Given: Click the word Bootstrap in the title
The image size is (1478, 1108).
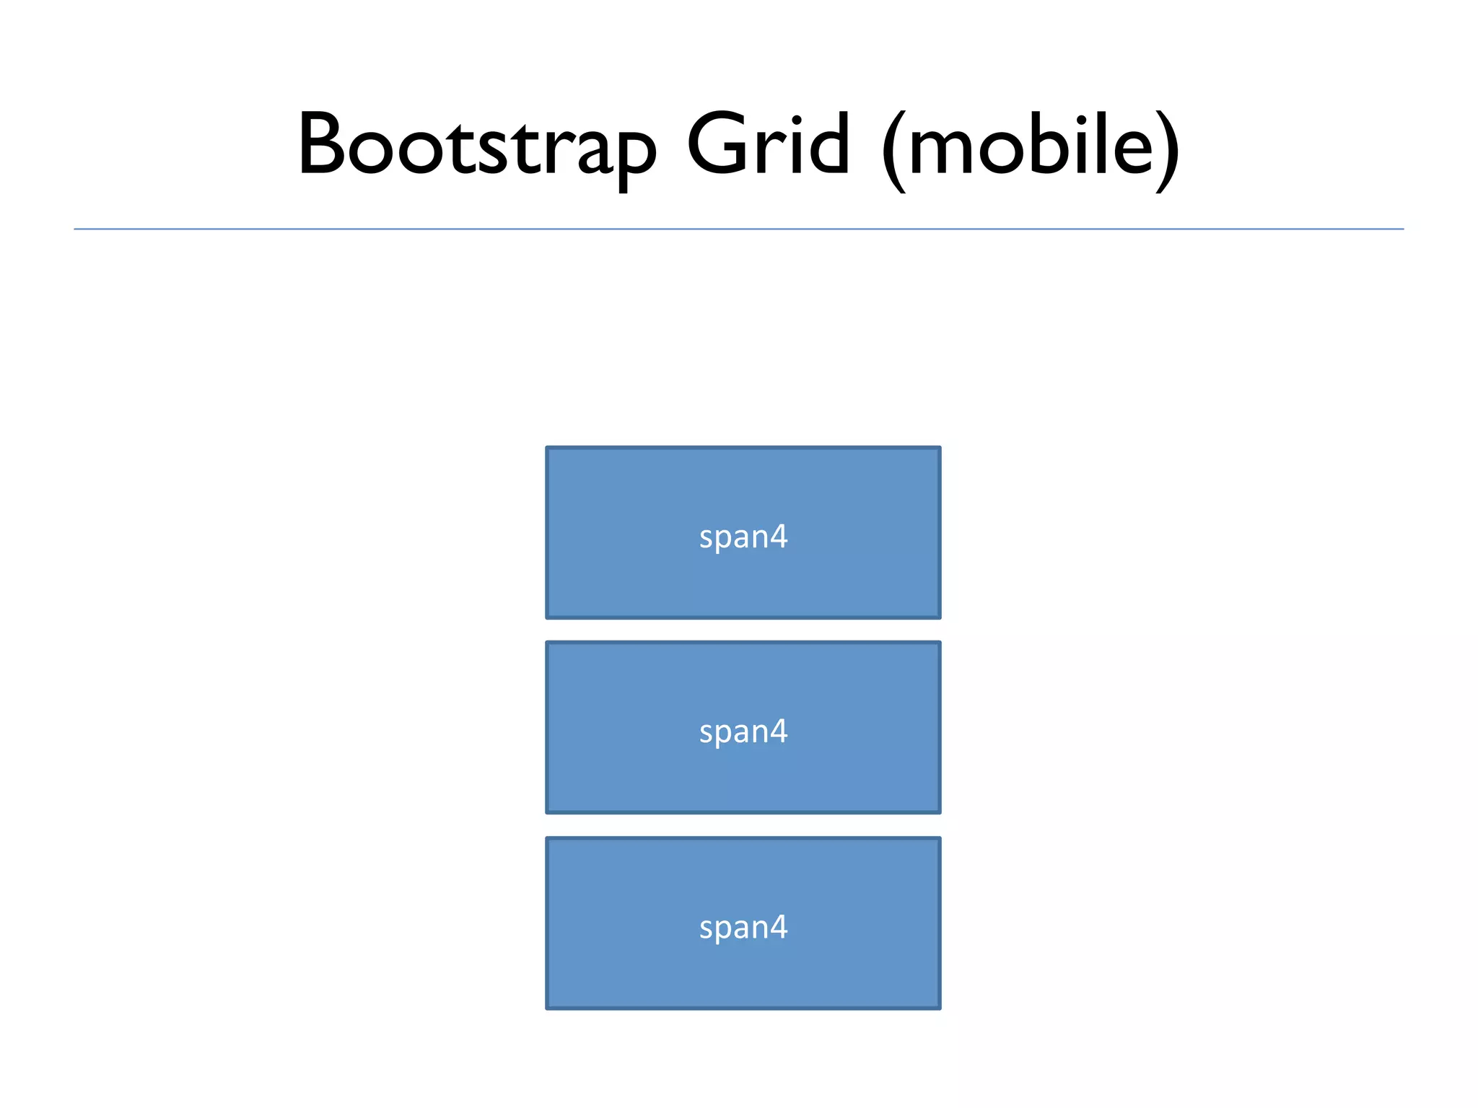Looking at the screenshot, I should click(x=476, y=144).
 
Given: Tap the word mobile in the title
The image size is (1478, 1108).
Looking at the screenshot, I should click(x=1031, y=144).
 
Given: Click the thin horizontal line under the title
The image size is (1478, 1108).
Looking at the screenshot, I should click(x=739, y=229).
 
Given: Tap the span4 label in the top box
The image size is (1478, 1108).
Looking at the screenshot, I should click(x=743, y=537).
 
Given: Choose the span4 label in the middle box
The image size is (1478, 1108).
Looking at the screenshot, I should click(x=743, y=731).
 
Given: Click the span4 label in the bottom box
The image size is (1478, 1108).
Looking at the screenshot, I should click(x=743, y=927).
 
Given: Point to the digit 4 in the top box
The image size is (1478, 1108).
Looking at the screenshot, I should click(x=777, y=536).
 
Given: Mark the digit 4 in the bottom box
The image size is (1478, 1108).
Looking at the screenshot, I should click(x=777, y=926).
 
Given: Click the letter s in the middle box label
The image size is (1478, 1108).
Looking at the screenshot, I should click(x=707, y=733).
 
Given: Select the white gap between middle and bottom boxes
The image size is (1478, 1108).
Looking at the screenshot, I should click(x=743, y=826).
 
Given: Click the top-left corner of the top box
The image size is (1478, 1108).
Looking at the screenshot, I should click(x=548, y=449).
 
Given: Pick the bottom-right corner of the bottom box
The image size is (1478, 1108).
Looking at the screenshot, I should click(x=939, y=1007).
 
